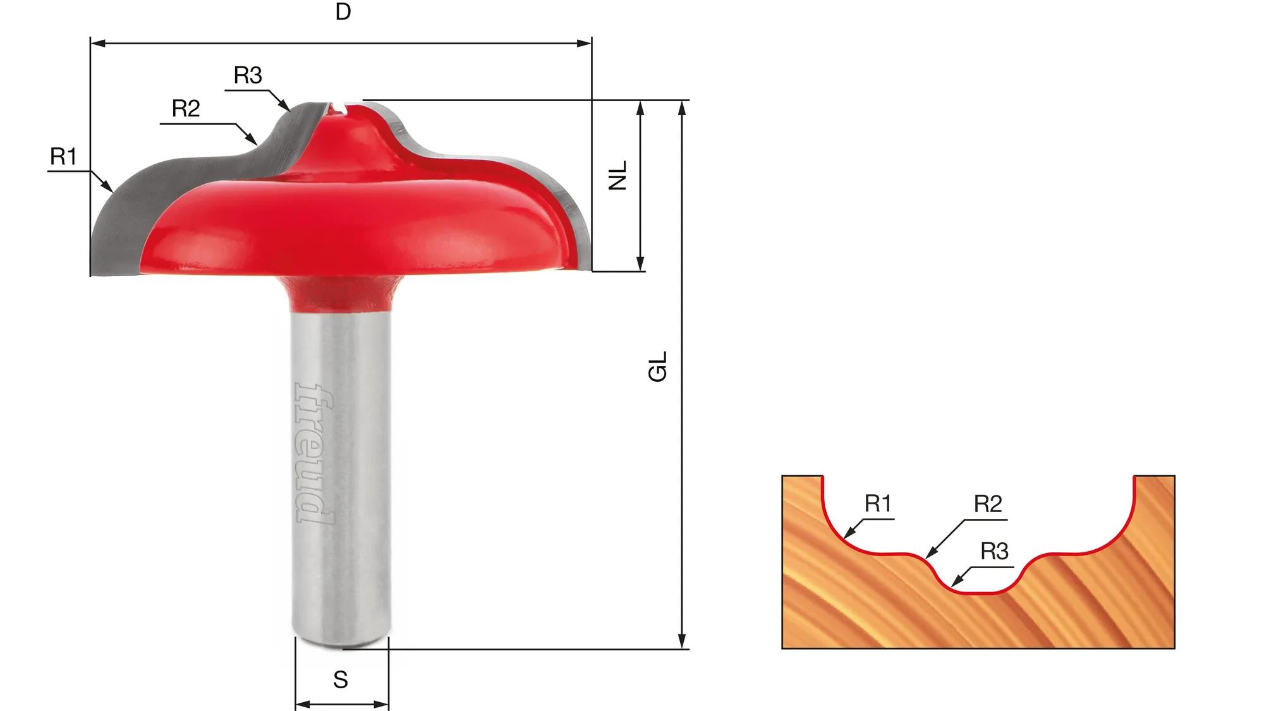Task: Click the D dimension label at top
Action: pyautogui.click(x=343, y=12)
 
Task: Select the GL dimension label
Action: pyautogui.click(x=658, y=367)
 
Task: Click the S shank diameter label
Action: pyautogui.click(x=341, y=680)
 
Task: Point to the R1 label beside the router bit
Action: pyautogui.click(x=63, y=156)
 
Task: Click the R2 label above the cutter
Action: pyautogui.click(x=186, y=109)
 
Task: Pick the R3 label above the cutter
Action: pyautogui.click(x=248, y=75)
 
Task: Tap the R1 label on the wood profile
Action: pyautogui.click(x=878, y=504)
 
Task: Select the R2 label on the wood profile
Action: pyautogui.click(x=988, y=504)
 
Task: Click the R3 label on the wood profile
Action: pyautogui.click(x=994, y=552)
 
